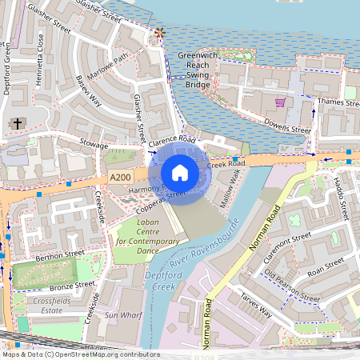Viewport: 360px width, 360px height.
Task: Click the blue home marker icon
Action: [180, 172]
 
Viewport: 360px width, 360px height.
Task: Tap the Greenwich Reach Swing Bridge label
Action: [198, 69]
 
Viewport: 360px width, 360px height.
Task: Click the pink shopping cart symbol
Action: [280, 103]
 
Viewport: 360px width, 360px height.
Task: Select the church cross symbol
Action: [18, 124]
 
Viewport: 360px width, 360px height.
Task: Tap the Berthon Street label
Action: [58, 254]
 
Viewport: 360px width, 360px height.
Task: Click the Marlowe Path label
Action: [109, 62]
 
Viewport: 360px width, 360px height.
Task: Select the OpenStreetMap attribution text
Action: [81, 354]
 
